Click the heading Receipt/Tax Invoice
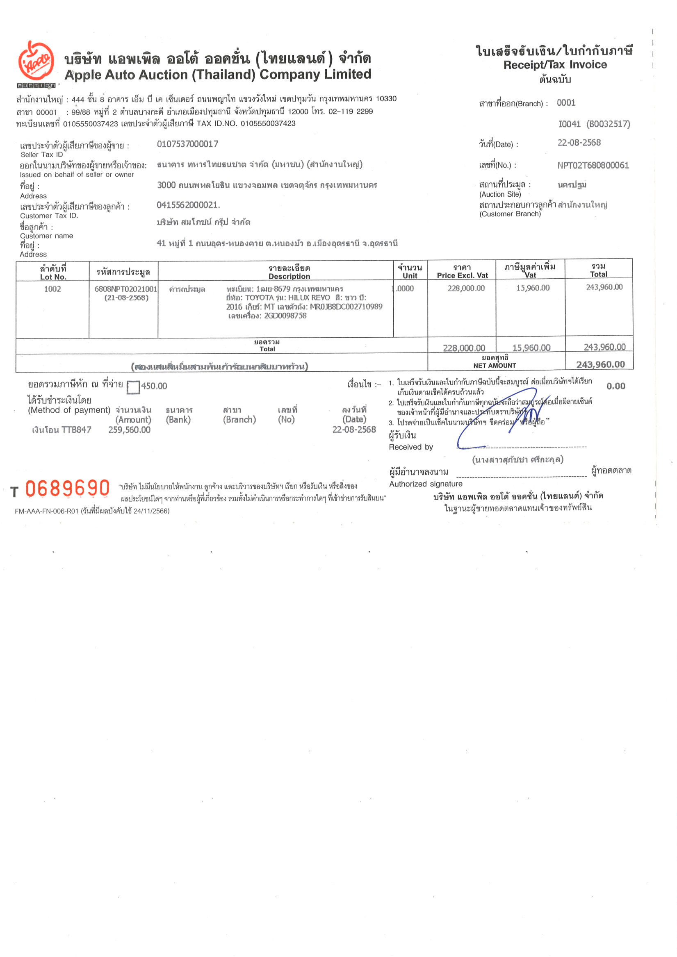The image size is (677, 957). point(555,65)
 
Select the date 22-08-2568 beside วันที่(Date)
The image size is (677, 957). point(579,143)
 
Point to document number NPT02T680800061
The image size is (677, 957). point(593,166)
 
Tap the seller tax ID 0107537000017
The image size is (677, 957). point(187,144)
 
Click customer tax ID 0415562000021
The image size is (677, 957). point(188,205)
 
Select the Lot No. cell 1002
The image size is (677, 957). point(52,289)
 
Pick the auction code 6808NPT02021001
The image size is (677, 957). point(125,289)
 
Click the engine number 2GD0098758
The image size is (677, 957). point(285,316)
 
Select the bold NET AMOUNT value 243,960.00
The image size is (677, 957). point(600,365)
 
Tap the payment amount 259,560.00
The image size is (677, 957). point(129,430)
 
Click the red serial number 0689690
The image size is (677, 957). point(68,489)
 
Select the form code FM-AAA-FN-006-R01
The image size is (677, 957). point(46,511)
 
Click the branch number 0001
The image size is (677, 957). point(566,103)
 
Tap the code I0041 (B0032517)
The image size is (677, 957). point(594,124)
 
